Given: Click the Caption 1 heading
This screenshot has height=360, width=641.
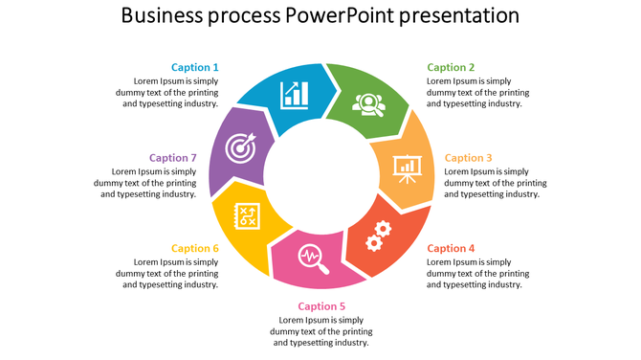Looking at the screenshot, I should click(195, 68).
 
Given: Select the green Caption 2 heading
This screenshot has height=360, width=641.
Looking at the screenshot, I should click(451, 68).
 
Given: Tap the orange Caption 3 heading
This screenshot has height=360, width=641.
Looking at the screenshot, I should click(469, 158).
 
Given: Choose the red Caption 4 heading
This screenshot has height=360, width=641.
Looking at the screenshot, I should click(451, 248).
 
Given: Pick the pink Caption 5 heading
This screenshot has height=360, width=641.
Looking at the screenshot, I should click(321, 306).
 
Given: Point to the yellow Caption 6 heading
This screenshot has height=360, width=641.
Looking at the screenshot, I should click(195, 248).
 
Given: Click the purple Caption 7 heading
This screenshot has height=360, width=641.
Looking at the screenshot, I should click(173, 158).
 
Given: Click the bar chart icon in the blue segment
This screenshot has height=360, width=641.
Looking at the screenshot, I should click(295, 95).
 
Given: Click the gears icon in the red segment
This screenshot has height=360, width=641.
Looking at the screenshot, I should click(379, 235).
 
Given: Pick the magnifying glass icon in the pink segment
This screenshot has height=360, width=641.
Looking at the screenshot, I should click(313, 258).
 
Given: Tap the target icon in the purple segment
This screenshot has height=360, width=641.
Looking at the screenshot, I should click(240, 147).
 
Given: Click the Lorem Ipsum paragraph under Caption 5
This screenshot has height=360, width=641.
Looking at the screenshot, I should click(321, 331).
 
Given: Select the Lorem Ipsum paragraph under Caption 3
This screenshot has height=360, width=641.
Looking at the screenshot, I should click(496, 183).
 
